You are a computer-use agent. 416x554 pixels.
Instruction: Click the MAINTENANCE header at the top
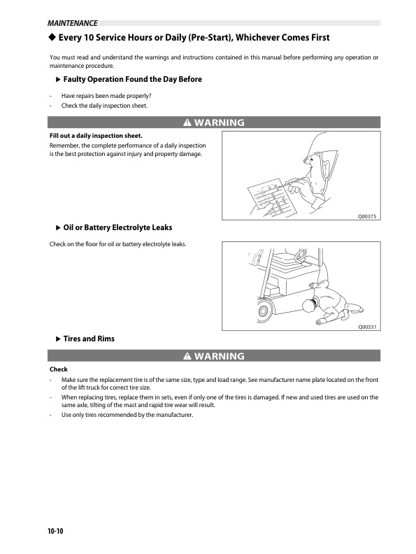(73, 23)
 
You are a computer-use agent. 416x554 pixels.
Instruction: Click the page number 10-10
(55, 531)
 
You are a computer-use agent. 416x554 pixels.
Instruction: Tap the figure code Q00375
(367, 216)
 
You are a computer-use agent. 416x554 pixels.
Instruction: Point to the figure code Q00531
(367, 327)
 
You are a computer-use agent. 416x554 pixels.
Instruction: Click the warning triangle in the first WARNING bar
(187, 122)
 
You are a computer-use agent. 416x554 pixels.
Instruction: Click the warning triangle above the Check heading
(187, 356)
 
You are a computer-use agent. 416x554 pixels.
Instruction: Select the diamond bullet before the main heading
(52, 37)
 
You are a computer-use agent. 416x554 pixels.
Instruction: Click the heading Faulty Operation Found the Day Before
(132, 79)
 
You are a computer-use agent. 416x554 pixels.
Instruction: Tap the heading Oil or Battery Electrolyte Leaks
(117, 227)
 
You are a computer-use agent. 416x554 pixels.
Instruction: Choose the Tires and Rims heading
(89, 339)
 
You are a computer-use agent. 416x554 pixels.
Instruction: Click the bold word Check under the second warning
(58, 369)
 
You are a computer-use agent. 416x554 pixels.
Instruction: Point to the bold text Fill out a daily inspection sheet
(96, 136)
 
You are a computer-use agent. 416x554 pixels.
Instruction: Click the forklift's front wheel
(264, 311)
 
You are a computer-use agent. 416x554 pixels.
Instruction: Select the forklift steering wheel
(301, 255)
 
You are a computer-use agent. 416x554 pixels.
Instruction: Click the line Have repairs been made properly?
(106, 96)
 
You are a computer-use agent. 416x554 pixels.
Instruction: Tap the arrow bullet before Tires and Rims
(59, 339)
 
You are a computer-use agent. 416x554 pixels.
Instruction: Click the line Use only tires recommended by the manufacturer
(127, 415)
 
